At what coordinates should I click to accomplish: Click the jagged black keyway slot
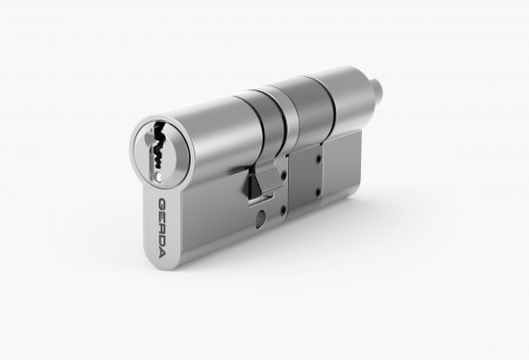(157, 149)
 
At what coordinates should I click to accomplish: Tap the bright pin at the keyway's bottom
(159, 176)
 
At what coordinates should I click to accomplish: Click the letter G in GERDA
(163, 204)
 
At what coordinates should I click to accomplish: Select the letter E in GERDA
(162, 216)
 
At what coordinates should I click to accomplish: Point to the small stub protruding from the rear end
(378, 88)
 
